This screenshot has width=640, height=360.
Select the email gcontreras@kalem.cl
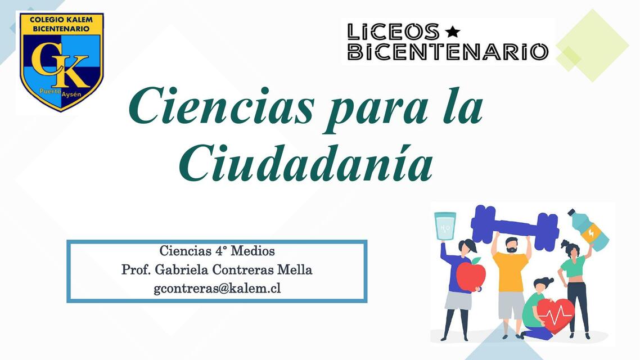coord(217,289)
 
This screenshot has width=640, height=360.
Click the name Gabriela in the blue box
coord(181,269)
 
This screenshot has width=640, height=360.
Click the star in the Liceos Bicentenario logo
coord(452,31)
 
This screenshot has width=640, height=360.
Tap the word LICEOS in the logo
coord(393,31)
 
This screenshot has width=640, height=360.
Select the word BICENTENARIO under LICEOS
coord(448,52)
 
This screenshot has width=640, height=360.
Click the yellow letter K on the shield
coord(70,70)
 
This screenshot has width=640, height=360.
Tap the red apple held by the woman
coord(471,274)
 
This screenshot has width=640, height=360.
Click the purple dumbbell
coord(515,225)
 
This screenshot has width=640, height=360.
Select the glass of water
coord(445,226)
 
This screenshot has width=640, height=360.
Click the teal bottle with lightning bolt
coord(589,229)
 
